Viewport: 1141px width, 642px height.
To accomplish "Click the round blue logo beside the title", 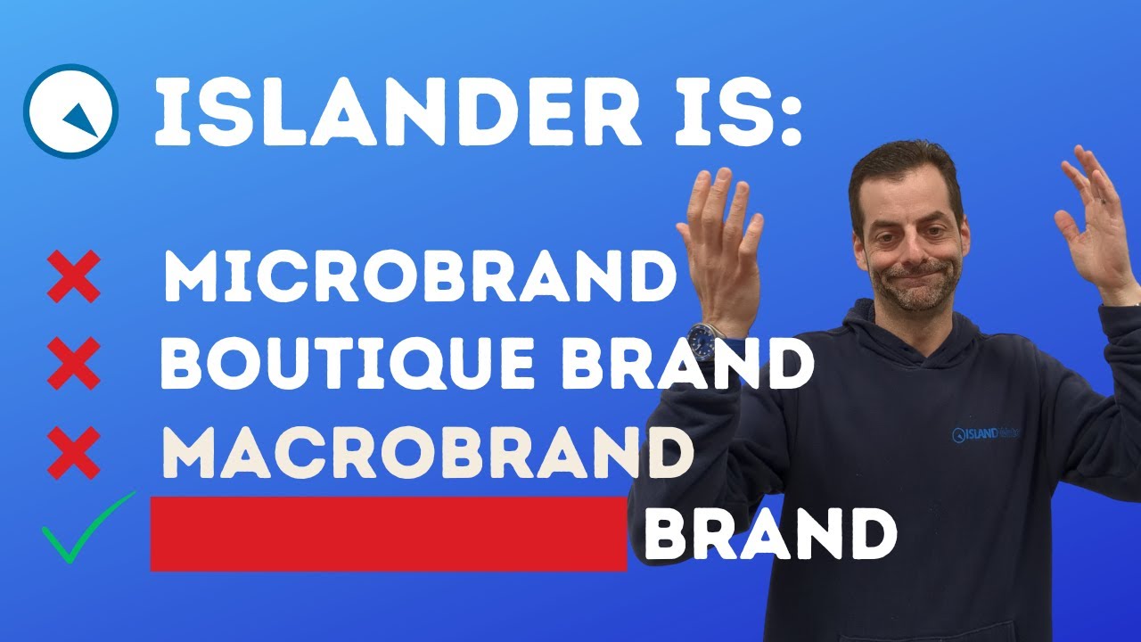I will coord(71,111).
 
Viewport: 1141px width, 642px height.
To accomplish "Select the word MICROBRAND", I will coord(419,277).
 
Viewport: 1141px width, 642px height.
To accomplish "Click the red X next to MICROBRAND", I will coord(73,277).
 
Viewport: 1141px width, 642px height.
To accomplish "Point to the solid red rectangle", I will coord(389,533).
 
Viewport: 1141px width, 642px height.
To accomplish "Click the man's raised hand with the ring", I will coord(1096,223).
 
